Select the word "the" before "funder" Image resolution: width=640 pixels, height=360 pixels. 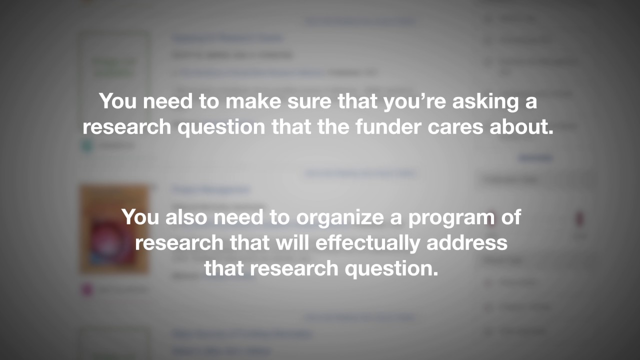click(x=334, y=127)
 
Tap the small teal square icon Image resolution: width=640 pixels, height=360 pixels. click(x=87, y=146)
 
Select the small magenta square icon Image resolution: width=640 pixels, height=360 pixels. click(x=87, y=289)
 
